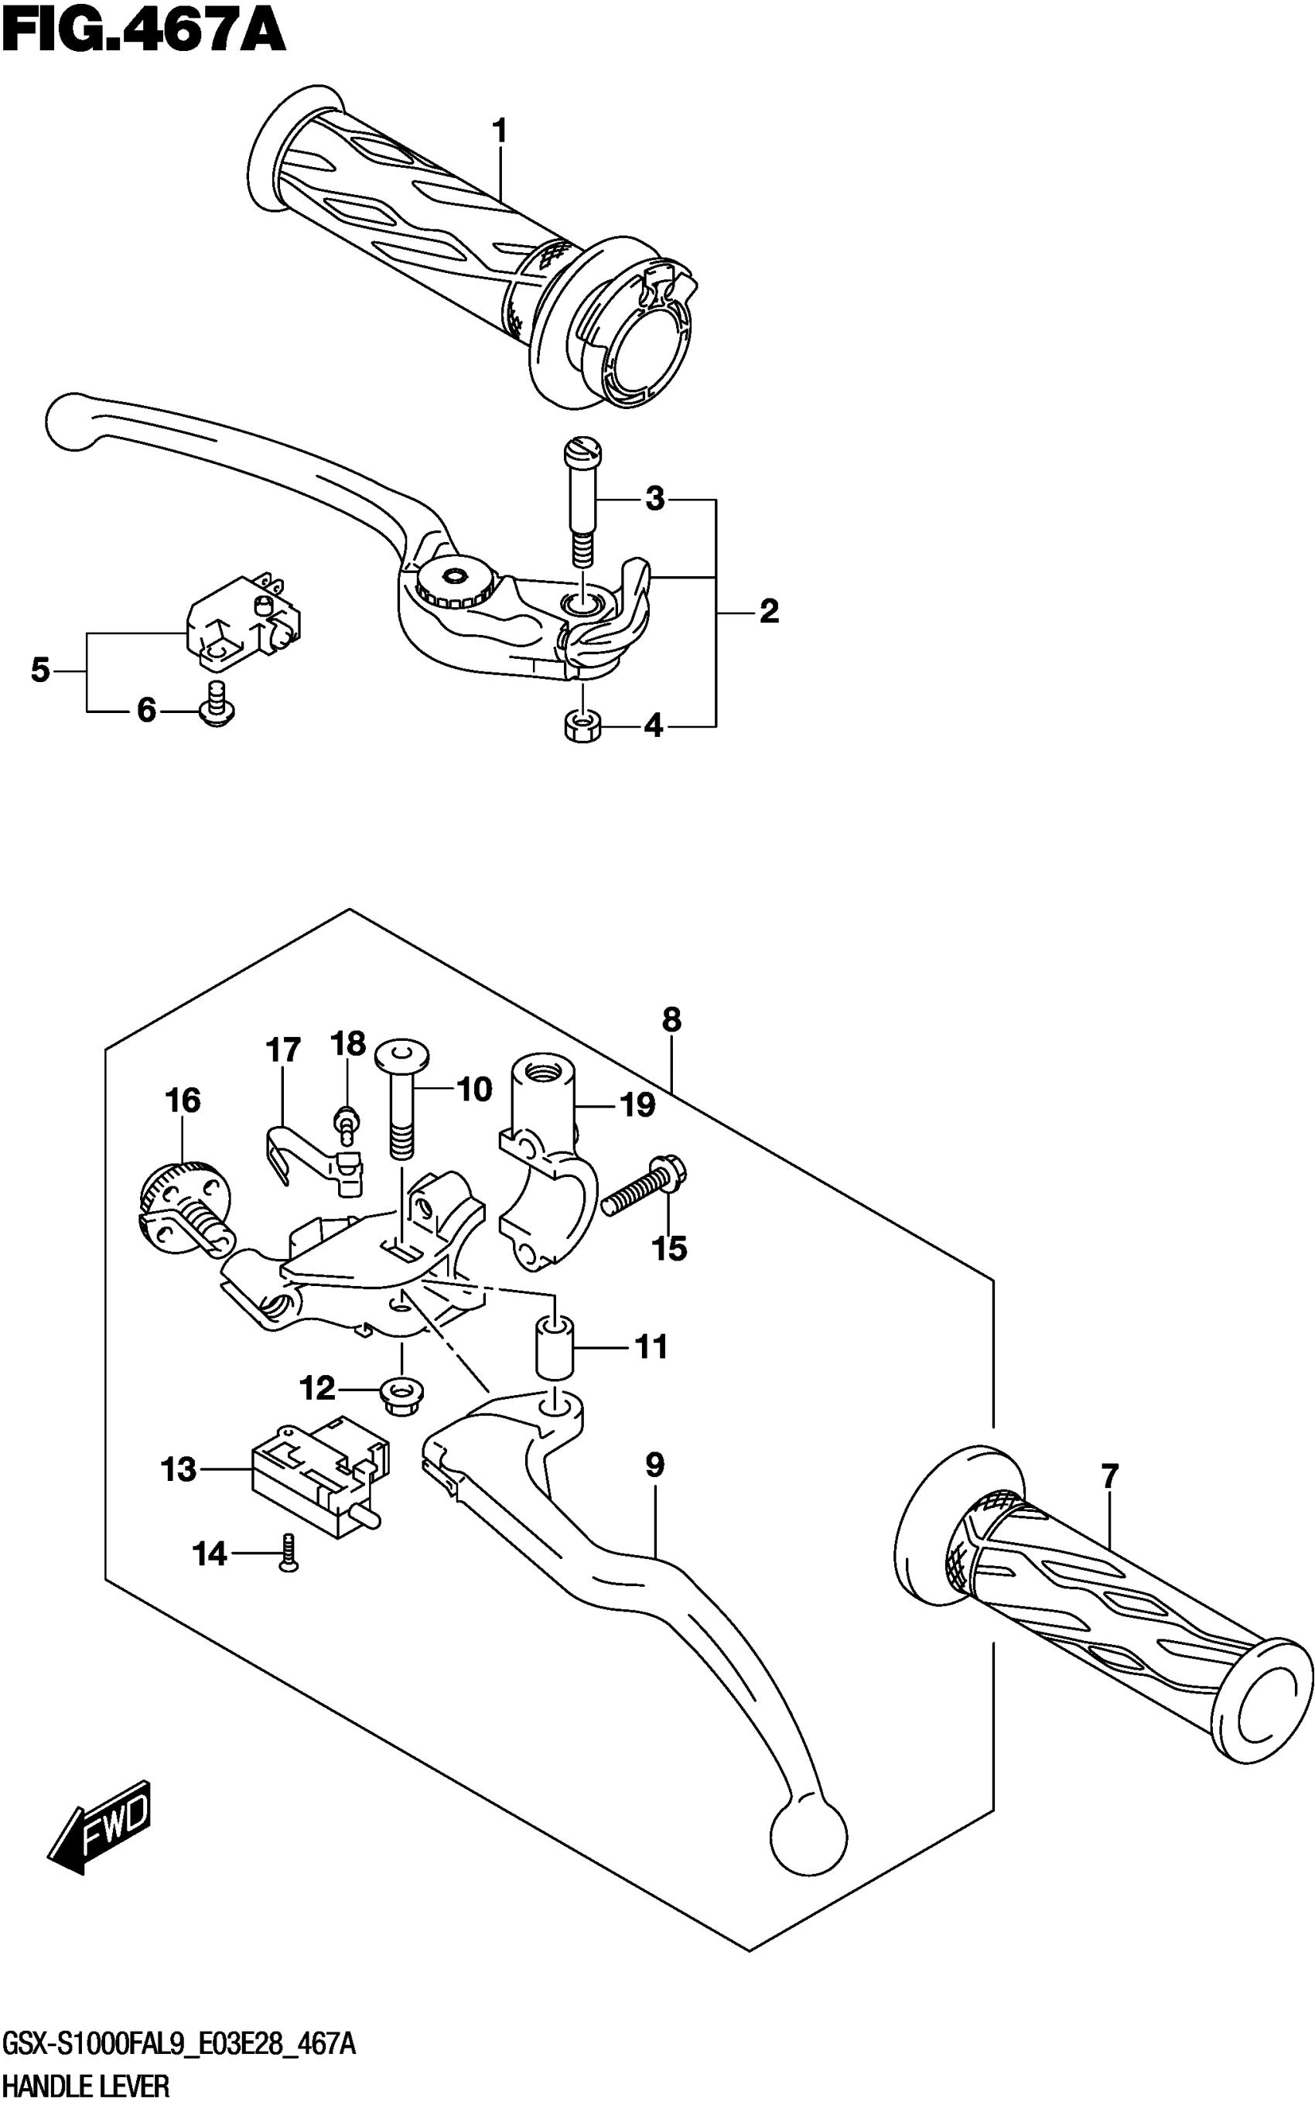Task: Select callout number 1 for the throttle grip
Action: (x=499, y=131)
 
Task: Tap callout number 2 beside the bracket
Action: (x=769, y=612)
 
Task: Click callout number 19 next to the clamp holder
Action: (x=637, y=1105)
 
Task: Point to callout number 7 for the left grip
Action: (x=1109, y=1477)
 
